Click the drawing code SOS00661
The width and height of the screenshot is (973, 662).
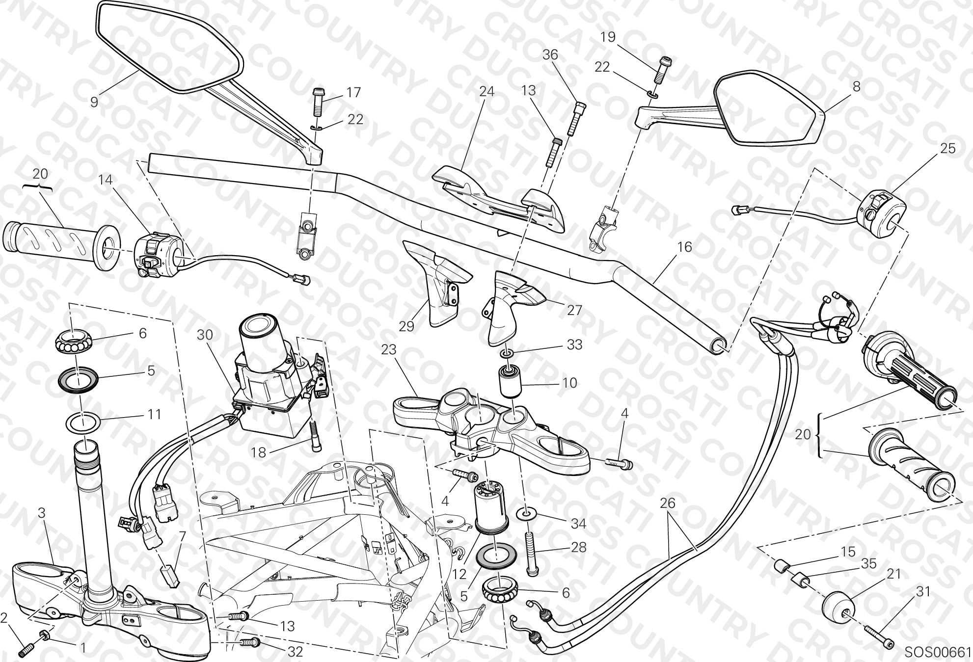937,652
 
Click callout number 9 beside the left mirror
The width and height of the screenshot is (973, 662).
94,102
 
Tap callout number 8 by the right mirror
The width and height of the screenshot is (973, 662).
857,87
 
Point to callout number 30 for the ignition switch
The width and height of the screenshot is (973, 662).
205,335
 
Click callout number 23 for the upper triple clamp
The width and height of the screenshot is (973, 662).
389,349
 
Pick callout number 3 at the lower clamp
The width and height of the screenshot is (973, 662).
42,513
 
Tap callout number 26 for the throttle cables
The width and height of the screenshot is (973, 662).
668,503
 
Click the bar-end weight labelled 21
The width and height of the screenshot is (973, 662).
838,605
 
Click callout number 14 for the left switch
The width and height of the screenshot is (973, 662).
106,180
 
